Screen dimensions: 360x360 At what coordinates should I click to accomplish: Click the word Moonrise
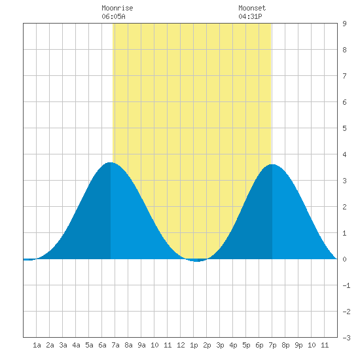117,8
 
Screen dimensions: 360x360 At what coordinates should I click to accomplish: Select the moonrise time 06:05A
113,16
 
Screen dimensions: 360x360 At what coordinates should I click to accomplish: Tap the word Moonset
252,8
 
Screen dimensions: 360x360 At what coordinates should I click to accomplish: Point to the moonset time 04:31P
250,16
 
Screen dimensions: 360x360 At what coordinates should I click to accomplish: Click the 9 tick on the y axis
344,24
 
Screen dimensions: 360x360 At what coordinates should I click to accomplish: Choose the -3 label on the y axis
346,338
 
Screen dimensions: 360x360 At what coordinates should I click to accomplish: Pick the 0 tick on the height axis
344,259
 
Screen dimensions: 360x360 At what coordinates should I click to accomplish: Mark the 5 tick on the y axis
344,128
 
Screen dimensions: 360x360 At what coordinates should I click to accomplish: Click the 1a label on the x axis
37,345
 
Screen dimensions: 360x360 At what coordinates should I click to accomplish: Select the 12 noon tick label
181,345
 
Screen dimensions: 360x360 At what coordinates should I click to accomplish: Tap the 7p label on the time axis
272,345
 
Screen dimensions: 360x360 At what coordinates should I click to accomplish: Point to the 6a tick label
102,345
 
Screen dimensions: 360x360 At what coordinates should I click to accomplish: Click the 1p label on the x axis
194,345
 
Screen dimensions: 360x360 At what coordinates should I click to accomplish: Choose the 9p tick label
298,345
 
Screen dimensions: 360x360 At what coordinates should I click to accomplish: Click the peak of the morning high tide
111,162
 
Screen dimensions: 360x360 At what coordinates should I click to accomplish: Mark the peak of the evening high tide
272,164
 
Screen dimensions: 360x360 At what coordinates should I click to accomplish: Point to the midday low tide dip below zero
197,261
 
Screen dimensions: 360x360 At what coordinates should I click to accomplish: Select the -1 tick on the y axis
346,285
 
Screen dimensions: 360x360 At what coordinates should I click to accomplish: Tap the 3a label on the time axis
63,345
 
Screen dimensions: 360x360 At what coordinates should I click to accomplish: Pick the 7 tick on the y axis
344,76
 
